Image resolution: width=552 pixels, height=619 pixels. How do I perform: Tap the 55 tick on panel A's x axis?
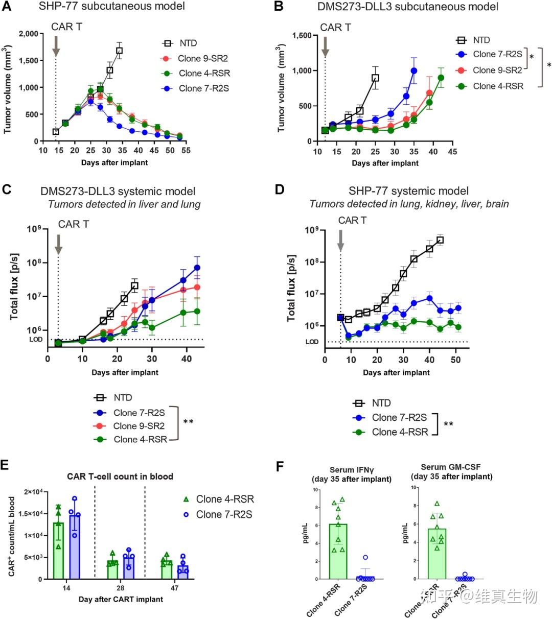[x=186, y=151]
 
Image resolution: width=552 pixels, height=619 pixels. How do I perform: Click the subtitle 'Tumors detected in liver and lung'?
[x=124, y=204]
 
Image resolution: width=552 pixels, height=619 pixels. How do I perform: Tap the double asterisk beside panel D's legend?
[x=448, y=424]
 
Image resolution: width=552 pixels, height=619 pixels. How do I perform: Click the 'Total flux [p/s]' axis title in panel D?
[x=291, y=288]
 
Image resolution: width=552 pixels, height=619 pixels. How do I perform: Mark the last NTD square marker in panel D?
[x=440, y=240]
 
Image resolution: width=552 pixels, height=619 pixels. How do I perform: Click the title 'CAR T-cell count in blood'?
[x=120, y=477]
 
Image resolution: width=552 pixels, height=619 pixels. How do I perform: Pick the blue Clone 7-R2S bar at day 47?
[x=182, y=572]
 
